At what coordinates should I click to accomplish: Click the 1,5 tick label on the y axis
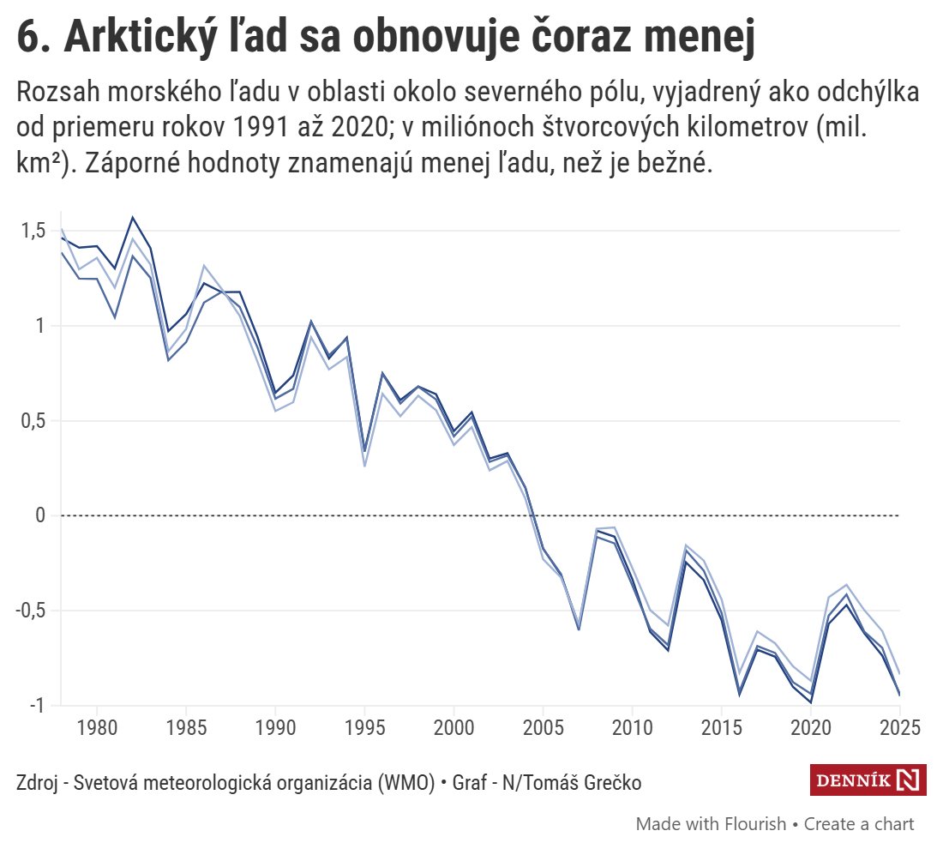pos(34,231)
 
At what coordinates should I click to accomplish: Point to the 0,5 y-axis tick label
pos(34,421)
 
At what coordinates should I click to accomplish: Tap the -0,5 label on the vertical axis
pos(32,611)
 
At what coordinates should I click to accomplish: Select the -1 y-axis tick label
pos(39,705)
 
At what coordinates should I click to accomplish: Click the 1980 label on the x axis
pos(96,727)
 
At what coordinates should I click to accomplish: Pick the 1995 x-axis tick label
pos(364,727)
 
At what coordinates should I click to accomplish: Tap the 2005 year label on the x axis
pos(543,727)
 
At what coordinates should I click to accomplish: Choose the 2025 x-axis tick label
pos(899,727)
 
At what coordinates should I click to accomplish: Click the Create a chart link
pos(859,824)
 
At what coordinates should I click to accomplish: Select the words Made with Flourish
pos(711,824)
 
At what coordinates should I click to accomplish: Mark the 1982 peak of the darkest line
pos(133,218)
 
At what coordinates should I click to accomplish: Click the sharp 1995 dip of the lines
pos(364,455)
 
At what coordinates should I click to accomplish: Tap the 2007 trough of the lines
pos(579,629)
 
